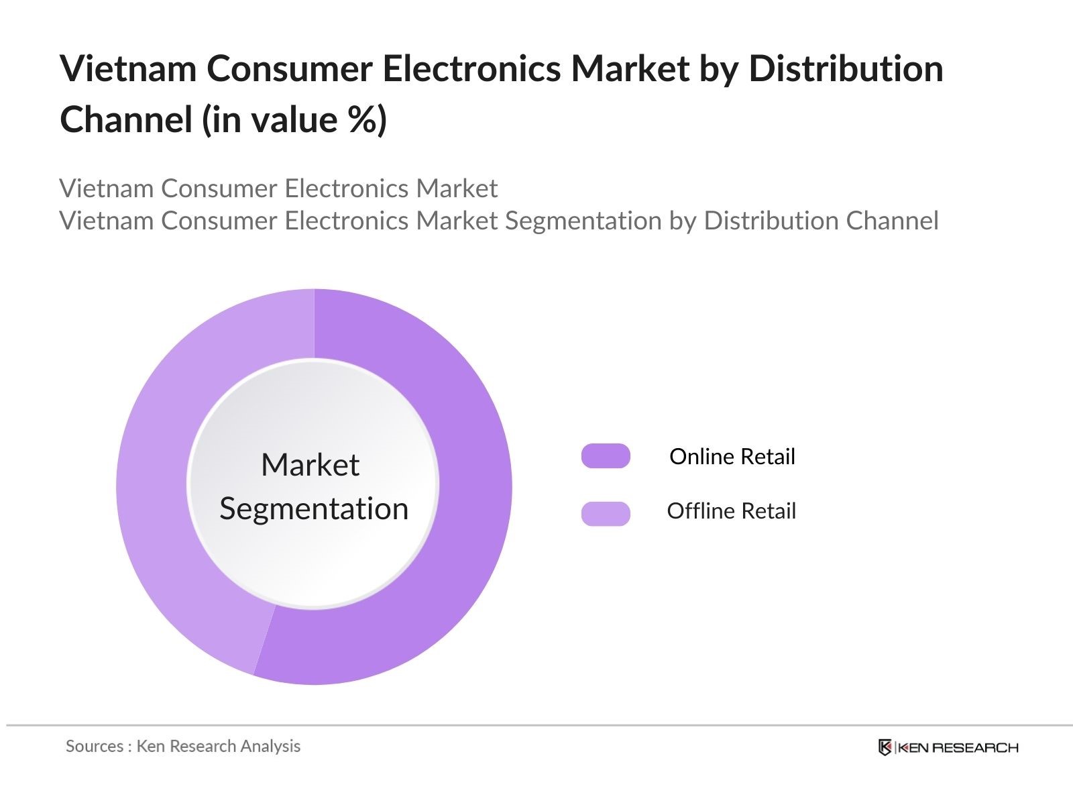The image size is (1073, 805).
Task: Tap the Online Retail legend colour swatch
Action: click(606, 456)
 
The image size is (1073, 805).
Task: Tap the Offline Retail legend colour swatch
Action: click(606, 513)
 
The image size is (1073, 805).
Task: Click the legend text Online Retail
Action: click(732, 457)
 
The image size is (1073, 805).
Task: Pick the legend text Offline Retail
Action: click(731, 511)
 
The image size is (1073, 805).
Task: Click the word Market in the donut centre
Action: click(310, 465)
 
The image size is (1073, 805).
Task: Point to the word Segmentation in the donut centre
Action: click(314, 508)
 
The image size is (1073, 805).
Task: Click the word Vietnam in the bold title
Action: click(127, 68)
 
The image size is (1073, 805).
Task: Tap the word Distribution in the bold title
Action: click(846, 68)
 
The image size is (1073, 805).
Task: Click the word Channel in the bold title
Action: click(126, 120)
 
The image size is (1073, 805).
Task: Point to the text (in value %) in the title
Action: click(294, 120)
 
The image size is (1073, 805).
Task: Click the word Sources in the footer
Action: click(94, 747)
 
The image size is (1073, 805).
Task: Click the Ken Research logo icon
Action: click(885, 747)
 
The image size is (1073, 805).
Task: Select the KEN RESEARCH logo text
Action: click(958, 747)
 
